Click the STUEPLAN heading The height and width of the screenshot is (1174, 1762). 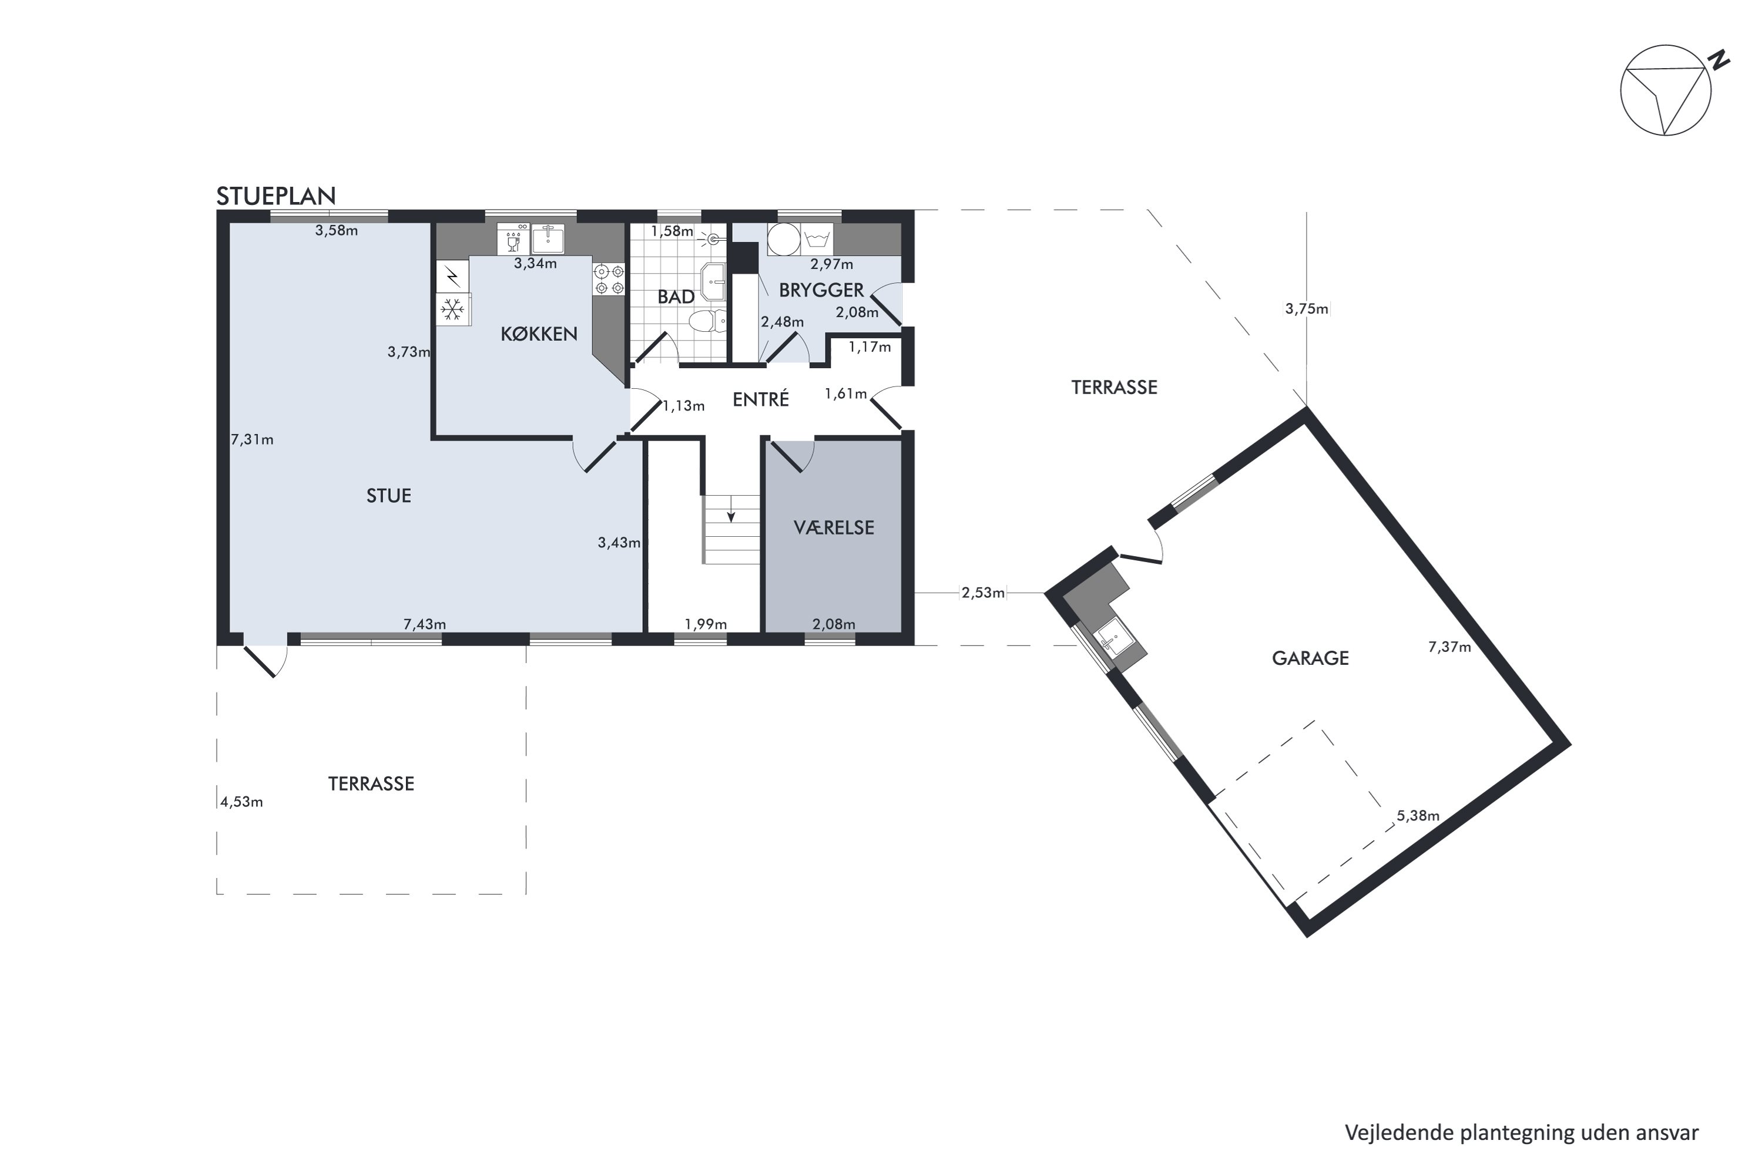pyautogui.click(x=276, y=196)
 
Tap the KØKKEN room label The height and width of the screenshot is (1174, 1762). pyautogui.click(x=539, y=334)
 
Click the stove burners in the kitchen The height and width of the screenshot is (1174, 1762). pyautogui.click(x=609, y=280)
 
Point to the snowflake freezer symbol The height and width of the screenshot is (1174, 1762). pyautogui.click(x=452, y=308)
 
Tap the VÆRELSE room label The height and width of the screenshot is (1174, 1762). pyautogui.click(x=834, y=528)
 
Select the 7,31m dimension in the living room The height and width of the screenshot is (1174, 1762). pyautogui.click(x=253, y=439)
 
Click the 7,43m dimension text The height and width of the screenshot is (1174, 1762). pyautogui.click(x=425, y=624)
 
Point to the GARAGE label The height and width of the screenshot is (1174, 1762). pyautogui.click(x=1310, y=658)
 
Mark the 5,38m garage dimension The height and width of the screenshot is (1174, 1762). pyautogui.click(x=1418, y=816)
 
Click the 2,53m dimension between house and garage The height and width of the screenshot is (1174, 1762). pyautogui.click(x=983, y=593)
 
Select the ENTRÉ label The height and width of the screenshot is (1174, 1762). pyautogui.click(x=761, y=400)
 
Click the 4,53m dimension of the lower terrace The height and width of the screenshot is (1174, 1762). pyautogui.click(x=241, y=802)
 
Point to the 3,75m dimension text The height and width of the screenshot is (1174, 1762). pyautogui.click(x=1307, y=308)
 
